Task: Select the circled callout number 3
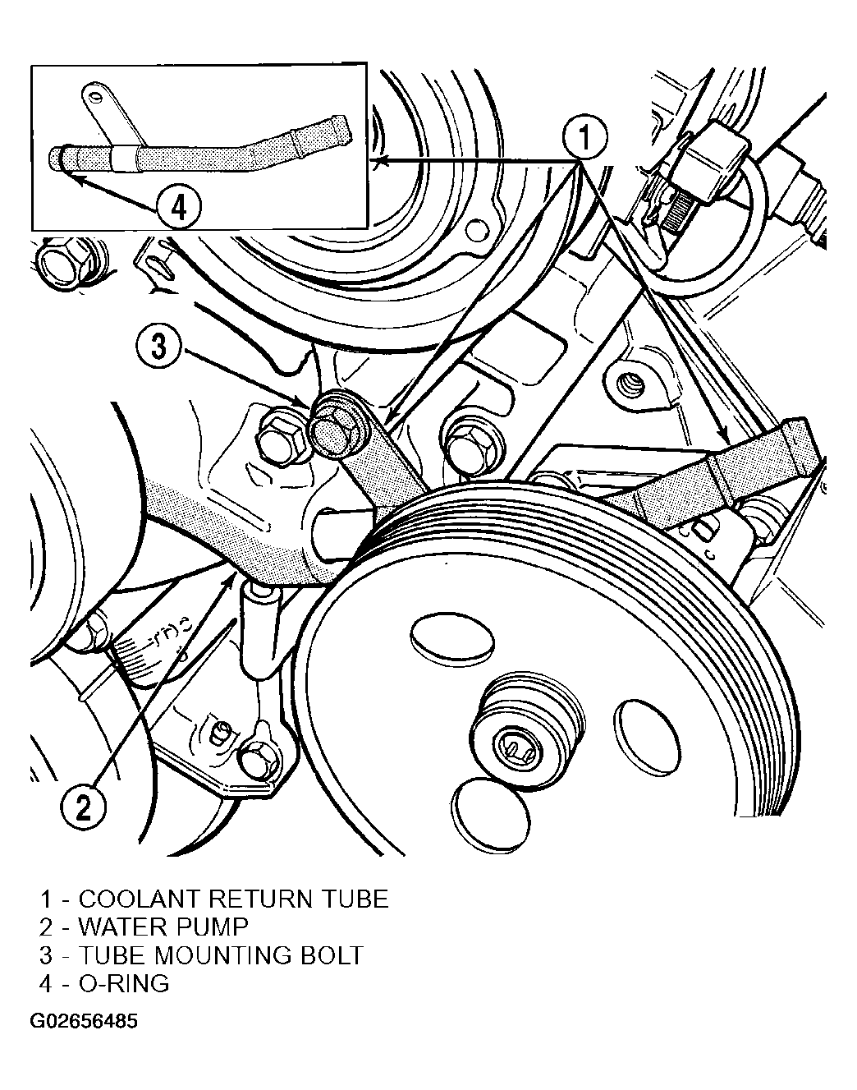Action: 158,347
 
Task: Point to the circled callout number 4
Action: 179,207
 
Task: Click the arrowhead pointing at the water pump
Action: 231,580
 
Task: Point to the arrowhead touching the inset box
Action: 378,161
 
